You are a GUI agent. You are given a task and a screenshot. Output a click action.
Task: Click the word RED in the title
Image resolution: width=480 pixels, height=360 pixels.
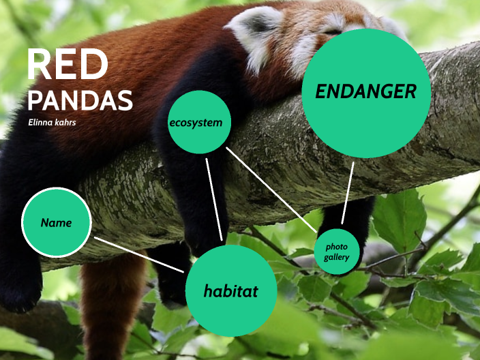(x=67, y=65)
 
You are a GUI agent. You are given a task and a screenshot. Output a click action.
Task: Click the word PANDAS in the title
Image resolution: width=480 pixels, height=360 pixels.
(x=80, y=101)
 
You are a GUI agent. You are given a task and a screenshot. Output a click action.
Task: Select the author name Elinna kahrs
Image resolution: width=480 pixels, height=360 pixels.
(x=52, y=123)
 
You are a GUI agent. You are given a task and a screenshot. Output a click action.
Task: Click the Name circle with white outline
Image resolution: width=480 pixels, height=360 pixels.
(x=56, y=222)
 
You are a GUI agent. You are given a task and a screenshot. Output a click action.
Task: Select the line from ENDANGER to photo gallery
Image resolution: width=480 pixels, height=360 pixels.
(x=348, y=192)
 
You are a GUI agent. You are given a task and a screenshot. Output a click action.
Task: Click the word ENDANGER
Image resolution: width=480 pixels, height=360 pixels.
(x=366, y=92)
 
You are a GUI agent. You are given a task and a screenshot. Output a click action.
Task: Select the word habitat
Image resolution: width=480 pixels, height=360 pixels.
(x=231, y=291)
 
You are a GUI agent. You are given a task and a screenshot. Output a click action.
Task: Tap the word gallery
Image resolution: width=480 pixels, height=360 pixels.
(x=337, y=257)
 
